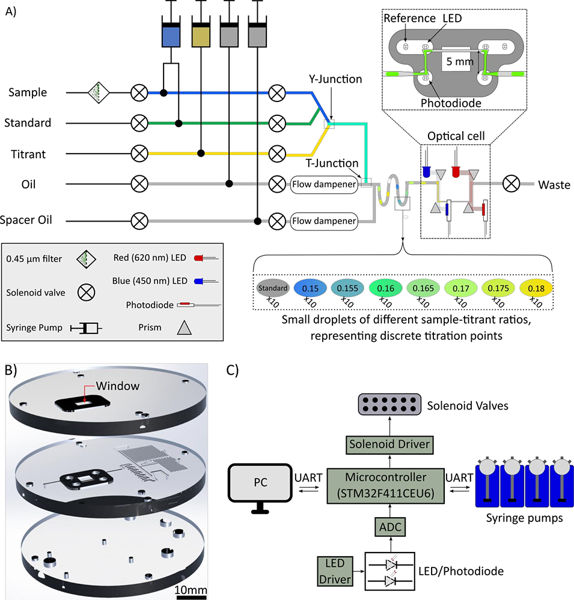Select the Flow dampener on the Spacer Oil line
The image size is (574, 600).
325,220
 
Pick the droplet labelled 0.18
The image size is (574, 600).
534,287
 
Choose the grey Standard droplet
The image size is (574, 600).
273,287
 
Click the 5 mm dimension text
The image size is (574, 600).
460,61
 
